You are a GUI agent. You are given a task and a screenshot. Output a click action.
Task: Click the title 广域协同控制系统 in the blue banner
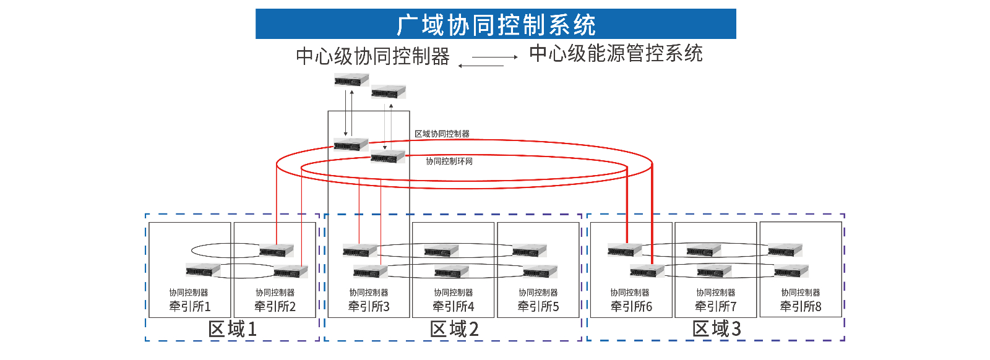[496, 25]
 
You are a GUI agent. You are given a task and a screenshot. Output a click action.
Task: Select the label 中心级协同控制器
[372, 56]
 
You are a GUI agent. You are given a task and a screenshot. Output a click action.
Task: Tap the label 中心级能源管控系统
[616, 54]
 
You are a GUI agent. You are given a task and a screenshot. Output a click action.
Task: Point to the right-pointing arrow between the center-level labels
[495, 57]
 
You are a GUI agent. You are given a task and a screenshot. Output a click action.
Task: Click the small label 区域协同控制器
[442, 134]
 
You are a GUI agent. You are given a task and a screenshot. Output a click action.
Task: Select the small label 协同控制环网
[449, 161]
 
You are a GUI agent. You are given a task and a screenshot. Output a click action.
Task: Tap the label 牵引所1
[190, 306]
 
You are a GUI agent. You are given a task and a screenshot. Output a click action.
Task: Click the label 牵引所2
[275, 306]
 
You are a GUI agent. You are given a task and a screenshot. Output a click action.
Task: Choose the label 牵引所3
[369, 306]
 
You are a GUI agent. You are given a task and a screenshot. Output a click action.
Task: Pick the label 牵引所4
[454, 306]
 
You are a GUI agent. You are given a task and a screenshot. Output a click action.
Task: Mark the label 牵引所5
[538, 306]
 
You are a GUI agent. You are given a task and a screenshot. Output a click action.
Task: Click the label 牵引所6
[631, 306]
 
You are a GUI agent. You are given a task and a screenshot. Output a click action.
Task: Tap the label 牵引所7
[716, 306]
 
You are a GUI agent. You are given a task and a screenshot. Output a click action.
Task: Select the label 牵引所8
[801, 306]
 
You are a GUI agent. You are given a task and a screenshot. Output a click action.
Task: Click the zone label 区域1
[233, 329]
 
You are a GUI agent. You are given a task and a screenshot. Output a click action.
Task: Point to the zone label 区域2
[455, 329]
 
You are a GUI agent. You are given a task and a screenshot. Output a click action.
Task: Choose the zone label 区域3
[717, 329]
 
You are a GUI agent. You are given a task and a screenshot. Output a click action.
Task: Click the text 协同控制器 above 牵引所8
[801, 293]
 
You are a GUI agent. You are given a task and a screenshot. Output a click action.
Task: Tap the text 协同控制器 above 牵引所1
[189, 293]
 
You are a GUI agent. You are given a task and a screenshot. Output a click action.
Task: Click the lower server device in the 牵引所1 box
[203, 270]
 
